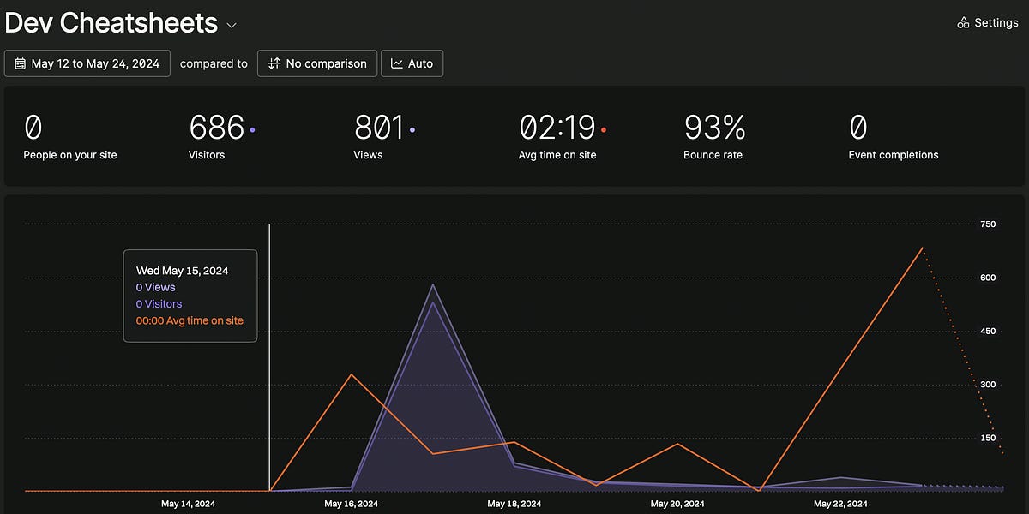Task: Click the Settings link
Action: tap(987, 23)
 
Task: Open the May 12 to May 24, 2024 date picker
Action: tap(87, 63)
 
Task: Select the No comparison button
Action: tap(317, 63)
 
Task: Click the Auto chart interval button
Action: tap(412, 63)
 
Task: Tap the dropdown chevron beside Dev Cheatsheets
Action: tap(232, 26)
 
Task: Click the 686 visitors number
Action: tap(216, 128)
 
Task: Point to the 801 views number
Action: tap(378, 128)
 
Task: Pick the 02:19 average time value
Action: tap(557, 128)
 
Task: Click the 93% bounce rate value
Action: tap(714, 128)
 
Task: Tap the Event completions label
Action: tap(893, 155)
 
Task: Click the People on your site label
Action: tap(70, 155)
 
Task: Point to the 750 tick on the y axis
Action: tap(988, 224)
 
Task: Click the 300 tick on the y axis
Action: tap(988, 385)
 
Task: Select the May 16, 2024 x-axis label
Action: tap(352, 504)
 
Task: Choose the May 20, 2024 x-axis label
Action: tap(677, 504)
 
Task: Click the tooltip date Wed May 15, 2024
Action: tap(182, 271)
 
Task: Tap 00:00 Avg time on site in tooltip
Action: tap(190, 320)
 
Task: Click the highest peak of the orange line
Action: tap(922, 248)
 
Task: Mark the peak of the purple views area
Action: tap(434, 285)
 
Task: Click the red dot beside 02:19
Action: tap(604, 130)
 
